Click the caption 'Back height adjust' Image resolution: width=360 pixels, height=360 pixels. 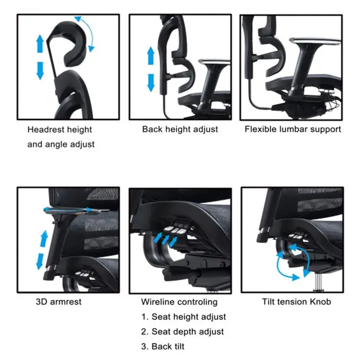point(180,129)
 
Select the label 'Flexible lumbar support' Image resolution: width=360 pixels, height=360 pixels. point(293,129)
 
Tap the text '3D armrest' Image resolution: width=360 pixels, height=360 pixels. point(59,302)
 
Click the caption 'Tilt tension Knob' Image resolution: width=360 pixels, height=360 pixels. point(296,301)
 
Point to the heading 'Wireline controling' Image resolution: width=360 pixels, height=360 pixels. point(179,302)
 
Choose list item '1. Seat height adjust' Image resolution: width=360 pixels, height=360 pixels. point(183,317)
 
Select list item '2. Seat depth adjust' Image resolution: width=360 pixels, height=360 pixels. point(182,332)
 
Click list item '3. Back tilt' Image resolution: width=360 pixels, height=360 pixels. point(163,347)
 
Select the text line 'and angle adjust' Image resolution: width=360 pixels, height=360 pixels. point(61,144)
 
